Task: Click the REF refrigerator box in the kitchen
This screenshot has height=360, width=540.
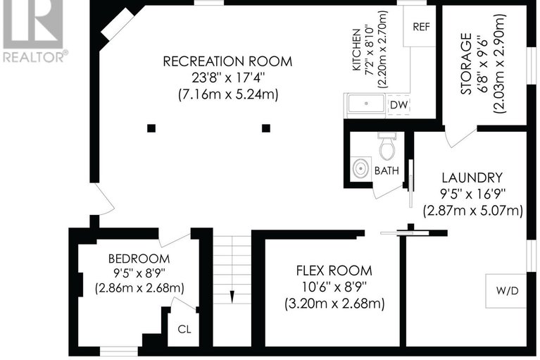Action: click(421, 27)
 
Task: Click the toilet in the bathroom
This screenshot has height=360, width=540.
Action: click(386, 148)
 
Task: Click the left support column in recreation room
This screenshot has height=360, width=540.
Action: click(151, 128)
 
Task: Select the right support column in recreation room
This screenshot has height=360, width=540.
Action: click(266, 128)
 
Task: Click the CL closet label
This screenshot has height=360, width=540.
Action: click(184, 328)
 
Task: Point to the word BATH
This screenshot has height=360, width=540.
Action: click(386, 171)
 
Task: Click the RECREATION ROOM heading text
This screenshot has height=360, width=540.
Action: click(227, 61)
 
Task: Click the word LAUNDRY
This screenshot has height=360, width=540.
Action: click(472, 178)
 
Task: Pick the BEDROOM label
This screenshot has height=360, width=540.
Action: click(139, 258)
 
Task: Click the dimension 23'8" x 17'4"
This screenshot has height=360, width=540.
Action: click(227, 77)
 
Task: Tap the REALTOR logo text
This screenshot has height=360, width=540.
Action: click(35, 56)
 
